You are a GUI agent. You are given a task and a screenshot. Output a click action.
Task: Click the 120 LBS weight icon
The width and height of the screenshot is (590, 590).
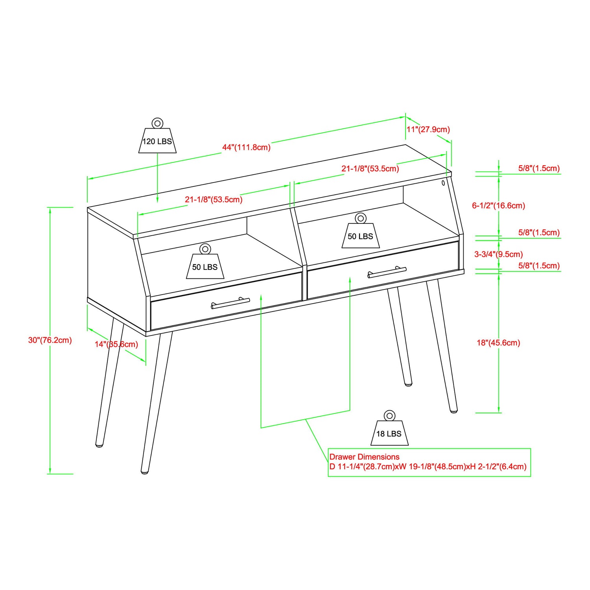point(157,138)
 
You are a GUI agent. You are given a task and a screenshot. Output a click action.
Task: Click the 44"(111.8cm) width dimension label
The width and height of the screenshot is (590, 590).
point(246,147)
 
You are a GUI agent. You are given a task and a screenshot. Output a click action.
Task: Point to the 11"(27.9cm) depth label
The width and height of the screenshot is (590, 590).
point(428,129)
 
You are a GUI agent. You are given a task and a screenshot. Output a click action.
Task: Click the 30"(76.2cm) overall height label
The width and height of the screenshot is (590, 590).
point(50,340)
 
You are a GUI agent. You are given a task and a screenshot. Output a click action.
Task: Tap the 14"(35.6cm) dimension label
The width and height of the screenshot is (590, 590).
point(116,344)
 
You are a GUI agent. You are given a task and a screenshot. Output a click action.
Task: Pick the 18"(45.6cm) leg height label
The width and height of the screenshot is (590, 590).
point(498,343)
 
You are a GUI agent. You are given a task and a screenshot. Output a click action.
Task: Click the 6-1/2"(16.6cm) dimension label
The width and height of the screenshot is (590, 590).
point(498,205)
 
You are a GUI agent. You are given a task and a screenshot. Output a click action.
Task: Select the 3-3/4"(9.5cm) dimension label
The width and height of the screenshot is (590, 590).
point(498,254)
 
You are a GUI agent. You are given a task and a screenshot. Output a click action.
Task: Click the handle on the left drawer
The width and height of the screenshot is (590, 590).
point(230,303)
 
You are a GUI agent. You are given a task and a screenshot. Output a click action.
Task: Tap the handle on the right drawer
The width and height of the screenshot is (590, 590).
point(387,272)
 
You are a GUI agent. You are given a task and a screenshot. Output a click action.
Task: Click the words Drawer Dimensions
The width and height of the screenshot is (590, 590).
point(364,457)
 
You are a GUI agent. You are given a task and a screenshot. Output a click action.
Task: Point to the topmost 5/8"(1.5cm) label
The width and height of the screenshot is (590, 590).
point(538,168)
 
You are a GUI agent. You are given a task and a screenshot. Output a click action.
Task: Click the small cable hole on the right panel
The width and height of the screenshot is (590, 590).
point(443,183)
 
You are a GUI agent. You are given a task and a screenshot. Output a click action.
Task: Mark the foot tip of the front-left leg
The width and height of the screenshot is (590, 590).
point(145,470)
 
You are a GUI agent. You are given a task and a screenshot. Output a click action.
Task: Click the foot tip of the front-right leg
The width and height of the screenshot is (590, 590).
point(454,410)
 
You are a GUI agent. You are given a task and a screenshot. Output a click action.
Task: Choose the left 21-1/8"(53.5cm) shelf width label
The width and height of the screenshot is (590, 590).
point(214,199)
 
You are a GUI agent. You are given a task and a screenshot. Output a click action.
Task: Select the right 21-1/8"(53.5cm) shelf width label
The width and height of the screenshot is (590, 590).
point(370,169)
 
